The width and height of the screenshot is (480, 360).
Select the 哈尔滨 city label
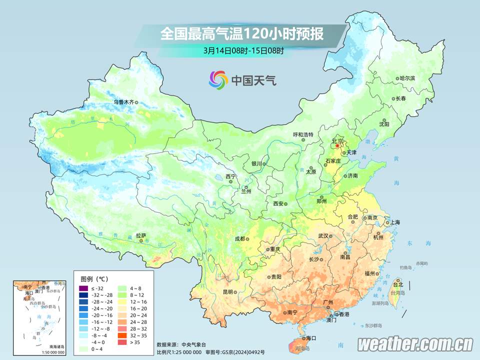(407, 78)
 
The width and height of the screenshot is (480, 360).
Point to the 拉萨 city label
(141, 235)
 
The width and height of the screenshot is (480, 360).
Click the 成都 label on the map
(240, 238)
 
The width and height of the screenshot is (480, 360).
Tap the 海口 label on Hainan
(311, 338)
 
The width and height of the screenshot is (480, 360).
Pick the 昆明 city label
(228, 291)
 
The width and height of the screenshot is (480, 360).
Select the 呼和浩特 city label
(302, 134)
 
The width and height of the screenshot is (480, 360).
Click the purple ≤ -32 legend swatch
(83, 288)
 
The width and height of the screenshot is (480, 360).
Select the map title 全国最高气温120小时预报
(241, 34)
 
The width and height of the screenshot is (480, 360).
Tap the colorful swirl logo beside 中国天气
(218, 79)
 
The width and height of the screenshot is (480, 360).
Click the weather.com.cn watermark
(415, 344)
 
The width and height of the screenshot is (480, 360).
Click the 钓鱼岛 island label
(405, 267)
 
